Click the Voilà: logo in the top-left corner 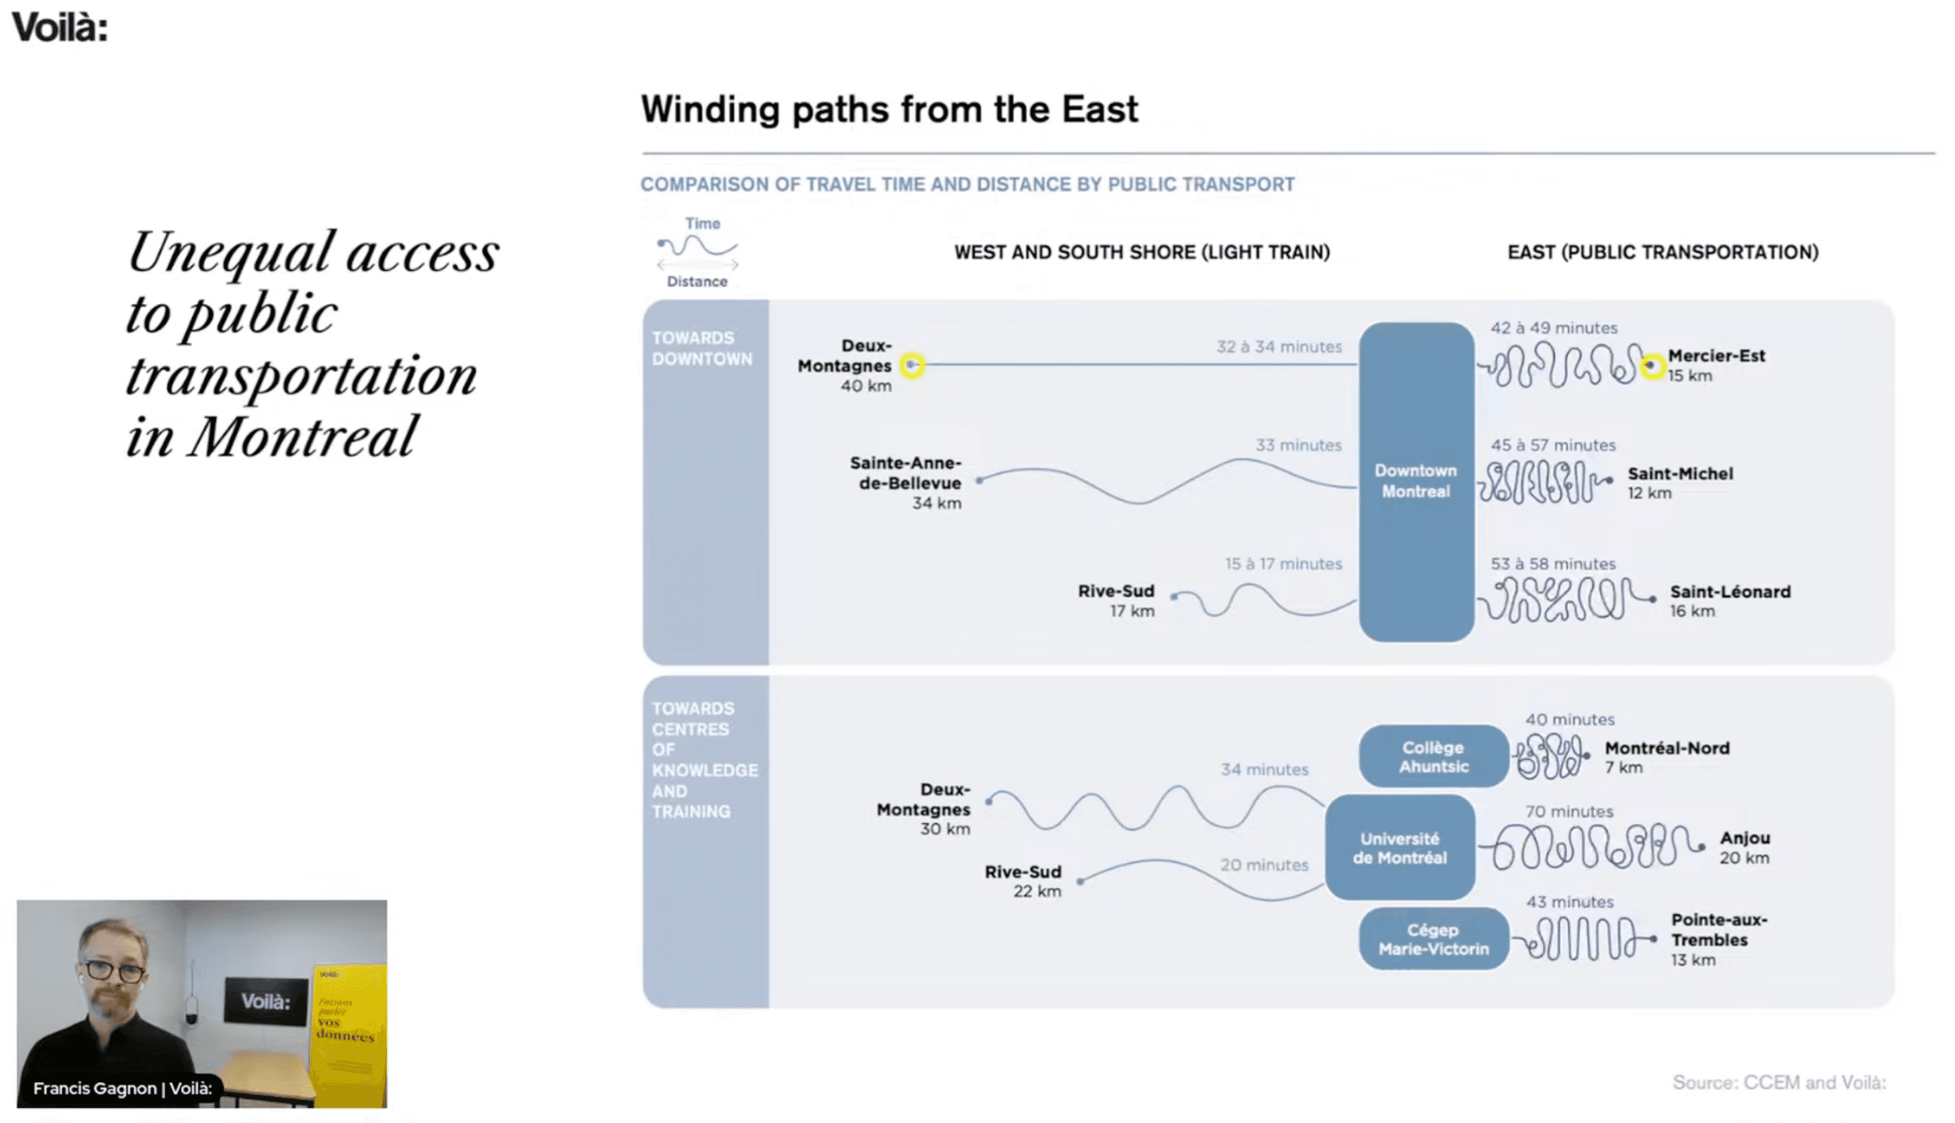[59, 27]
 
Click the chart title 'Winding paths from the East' [890, 109]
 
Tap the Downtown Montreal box [1416, 481]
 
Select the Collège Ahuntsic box [1433, 756]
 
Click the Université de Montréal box [1400, 847]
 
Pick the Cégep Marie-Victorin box [1433, 939]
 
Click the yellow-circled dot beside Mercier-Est [1651, 366]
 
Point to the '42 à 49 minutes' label [1553, 328]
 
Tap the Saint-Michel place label [1680, 474]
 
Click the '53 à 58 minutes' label [1552, 564]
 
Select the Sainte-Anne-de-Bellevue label [906, 473]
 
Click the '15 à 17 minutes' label [1284, 564]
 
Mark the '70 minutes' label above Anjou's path [1569, 811]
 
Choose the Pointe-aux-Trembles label [1719, 930]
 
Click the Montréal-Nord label [1666, 748]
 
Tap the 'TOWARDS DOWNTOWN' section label [702, 348]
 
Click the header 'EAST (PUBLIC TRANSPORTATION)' [1663, 252]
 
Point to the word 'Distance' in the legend [697, 281]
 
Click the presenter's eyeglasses [114, 970]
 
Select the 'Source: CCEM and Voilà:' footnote [1779, 1082]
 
